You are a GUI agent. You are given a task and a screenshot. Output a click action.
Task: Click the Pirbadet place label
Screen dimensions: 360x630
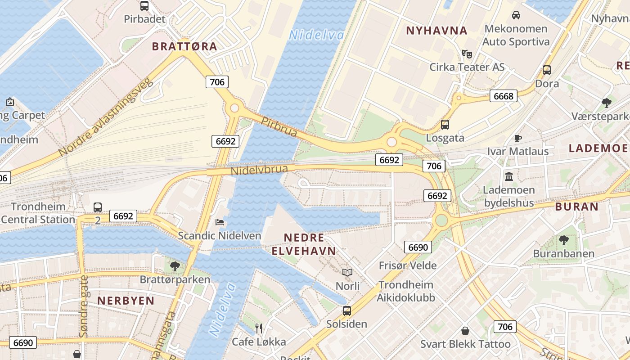tap(145, 19)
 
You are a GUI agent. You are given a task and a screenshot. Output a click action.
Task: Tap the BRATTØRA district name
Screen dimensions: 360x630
tap(184, 46)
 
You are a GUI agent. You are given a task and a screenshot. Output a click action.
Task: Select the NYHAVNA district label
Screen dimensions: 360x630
tap(436, 31)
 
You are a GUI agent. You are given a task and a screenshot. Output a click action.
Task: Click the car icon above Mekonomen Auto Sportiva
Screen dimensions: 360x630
tap(516, 15)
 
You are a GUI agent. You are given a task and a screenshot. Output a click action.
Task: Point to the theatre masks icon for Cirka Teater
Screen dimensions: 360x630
tap(467, 54)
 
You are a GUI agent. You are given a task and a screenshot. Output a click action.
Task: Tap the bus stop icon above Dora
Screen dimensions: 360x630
tap(547, 70)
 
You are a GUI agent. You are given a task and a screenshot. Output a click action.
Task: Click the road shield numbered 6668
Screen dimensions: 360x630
tap(503, 96)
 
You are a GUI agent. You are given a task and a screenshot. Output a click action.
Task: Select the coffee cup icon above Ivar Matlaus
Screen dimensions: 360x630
tap(518, 138)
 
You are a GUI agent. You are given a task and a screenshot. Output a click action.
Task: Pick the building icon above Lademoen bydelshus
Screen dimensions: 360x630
tap(509, 176)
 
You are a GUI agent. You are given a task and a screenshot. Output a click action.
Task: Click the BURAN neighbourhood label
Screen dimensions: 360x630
tap(576, 207)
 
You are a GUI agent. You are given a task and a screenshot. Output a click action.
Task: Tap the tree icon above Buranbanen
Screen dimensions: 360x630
tap(563, 240)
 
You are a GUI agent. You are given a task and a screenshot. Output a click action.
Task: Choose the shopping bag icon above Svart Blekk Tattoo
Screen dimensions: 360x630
tap(465, 331)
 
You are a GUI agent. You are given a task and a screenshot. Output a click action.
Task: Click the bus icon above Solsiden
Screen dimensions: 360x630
tap(346, 310)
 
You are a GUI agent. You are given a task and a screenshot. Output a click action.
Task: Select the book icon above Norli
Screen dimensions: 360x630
tap(347, 272)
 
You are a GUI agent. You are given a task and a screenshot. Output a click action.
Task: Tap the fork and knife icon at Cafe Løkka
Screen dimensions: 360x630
tap(259, 328)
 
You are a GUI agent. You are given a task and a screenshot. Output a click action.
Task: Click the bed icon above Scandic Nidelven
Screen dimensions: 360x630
tap(220, 222)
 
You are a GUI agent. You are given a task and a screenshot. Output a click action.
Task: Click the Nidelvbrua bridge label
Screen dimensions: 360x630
tap(259, 170)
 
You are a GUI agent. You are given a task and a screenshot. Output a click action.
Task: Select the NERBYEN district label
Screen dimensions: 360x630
tap(126, 301)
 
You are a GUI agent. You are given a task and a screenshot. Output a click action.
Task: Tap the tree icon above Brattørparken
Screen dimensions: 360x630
tap(175, 266)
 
